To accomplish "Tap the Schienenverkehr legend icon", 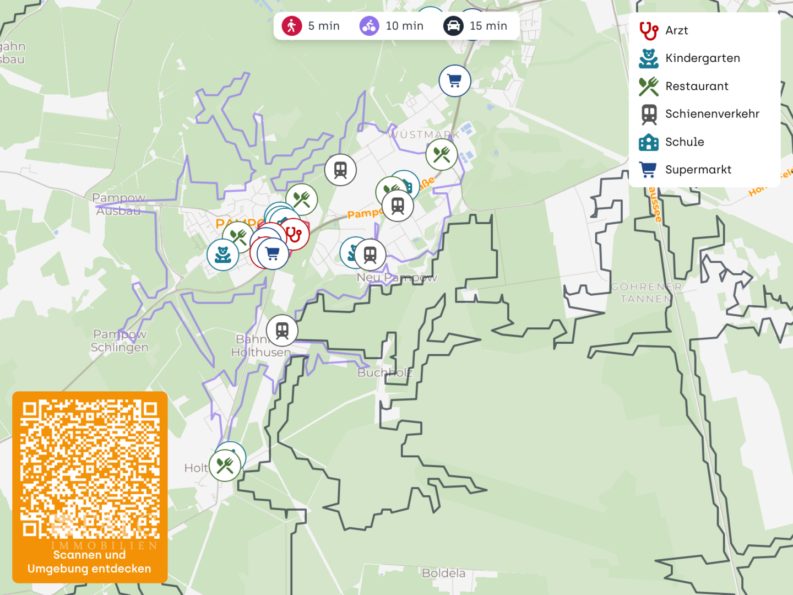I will point(649,114).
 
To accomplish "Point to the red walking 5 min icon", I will point(292,26).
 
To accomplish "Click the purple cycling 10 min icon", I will point(370,26).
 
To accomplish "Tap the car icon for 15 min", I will point(453,26).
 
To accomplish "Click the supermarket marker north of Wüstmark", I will point(455,81).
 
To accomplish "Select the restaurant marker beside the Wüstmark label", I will point(442,155).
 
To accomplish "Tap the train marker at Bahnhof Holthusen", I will point(282,331).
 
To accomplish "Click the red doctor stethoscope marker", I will point(294,235).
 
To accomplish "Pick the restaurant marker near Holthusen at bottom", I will point(225,466).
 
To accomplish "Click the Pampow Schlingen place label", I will point(120,340).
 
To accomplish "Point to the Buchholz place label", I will point(384,373).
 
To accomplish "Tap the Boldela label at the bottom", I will point(443,574).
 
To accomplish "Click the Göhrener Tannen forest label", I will point(646,293).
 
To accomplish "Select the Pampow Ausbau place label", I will point(118,204).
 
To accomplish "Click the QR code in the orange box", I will point(90,469).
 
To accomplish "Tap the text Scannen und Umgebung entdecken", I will point(89,562).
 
